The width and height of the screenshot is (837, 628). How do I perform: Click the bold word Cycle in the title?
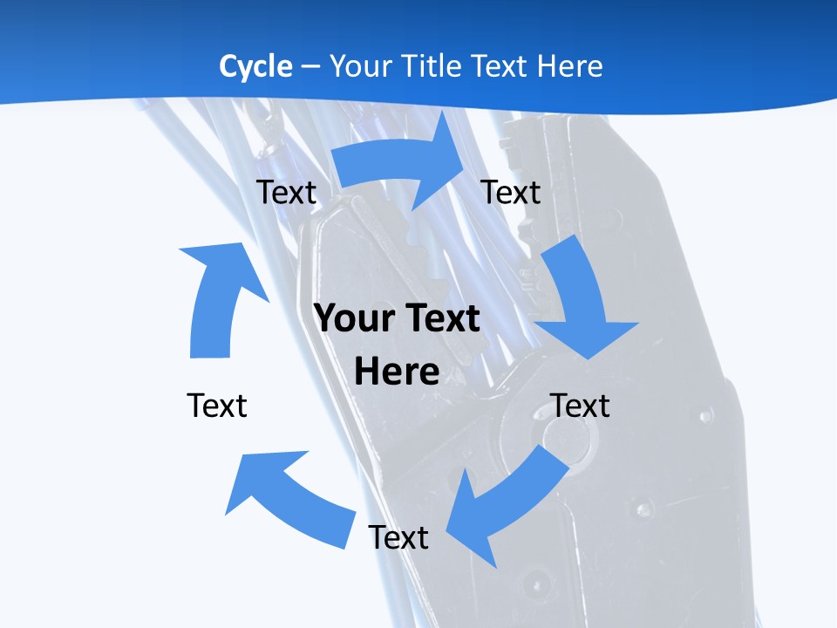(x=255, y=67)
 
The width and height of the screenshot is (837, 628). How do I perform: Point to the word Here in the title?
(x=569, y=65)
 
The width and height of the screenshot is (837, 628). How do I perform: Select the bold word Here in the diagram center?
(x=397, y=372)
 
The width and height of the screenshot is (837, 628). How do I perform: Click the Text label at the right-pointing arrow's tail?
(x=286, y=192)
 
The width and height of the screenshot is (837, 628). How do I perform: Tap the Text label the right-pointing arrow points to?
(x=510, y=192)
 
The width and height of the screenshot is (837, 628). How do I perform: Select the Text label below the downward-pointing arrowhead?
(x=580, y=406)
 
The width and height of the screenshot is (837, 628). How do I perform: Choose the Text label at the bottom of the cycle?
(x=398, y=536)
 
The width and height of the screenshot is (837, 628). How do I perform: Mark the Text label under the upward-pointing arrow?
(x=217, y=406)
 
